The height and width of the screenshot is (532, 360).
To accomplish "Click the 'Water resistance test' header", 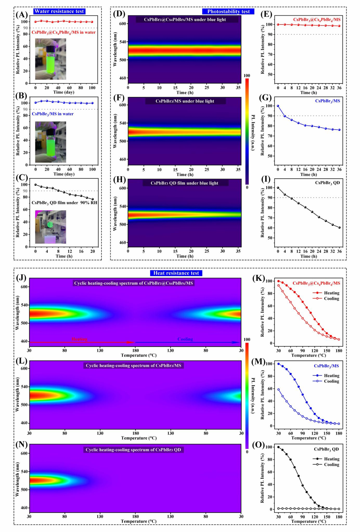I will (x=59, y=11).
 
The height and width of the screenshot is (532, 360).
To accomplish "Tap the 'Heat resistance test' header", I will (x=176, y=273).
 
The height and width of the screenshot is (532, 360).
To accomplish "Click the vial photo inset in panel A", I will (x=50, y=59).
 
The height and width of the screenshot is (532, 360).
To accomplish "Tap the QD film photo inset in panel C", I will (x=50, y=227).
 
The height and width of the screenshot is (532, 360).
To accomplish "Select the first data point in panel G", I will (x=278, y=106).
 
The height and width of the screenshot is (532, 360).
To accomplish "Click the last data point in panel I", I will (x=339, y=227).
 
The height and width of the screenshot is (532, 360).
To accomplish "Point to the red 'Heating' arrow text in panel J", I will (x=79, y=339).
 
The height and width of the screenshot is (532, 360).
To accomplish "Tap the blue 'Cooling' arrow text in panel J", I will (x=185, y=339).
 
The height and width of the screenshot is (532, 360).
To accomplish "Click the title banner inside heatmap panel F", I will (x=185, y=101).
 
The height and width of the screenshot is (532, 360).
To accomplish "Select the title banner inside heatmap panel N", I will (x=134, y=450).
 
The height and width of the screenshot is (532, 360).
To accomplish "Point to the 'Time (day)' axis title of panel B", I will (x=64, y=174).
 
